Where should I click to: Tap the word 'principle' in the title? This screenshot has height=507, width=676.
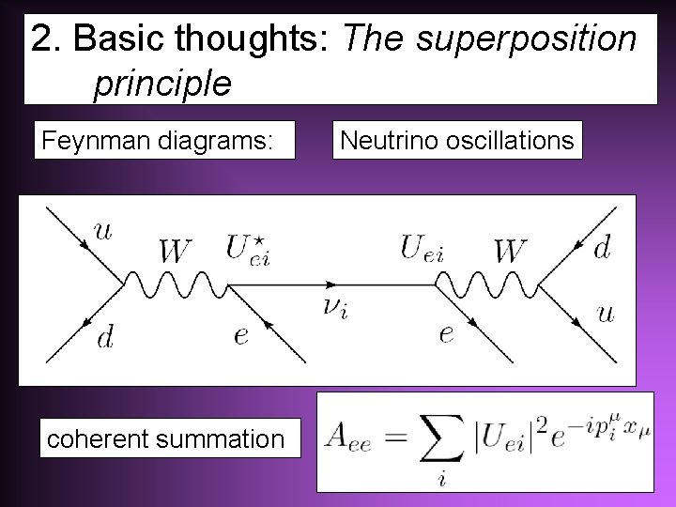pyautogui.click(x=161, y=84)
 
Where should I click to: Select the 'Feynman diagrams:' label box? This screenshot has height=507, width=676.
pyautogui.click(x=165, y=141)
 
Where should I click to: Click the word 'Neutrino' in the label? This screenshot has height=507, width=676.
pyautogui.click(x=384, y=141)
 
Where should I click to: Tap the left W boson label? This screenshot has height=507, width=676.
pyautogui.click(x=177, y=252)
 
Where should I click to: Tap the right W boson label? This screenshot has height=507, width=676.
pyautogui.click(x=510, y=251)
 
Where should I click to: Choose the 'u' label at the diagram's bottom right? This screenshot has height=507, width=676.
pyautogui.click(x=606, y=313)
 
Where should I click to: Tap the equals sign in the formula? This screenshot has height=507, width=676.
pyautogui.click(x=392, y=438)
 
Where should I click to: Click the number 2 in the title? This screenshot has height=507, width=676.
pyautogui.click(x=41, y=40)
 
